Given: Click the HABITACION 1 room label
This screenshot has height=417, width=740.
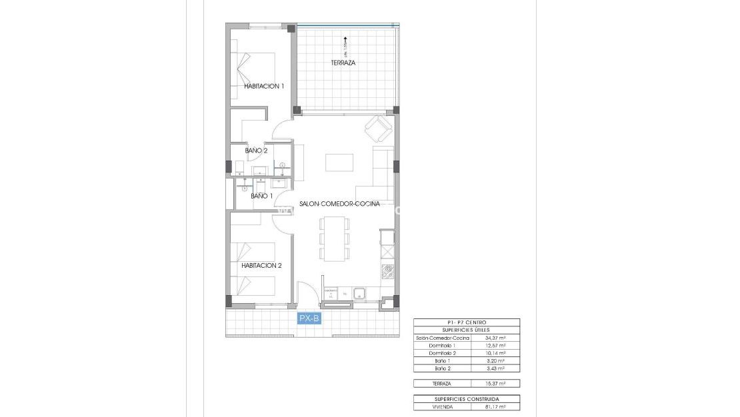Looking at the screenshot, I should [x=264, y=86].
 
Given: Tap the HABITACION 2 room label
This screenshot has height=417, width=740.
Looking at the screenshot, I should [x=261, y=265].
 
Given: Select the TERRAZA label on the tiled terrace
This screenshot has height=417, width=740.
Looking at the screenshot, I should [x=343, y=63].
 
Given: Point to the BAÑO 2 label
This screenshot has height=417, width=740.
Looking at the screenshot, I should [x=256, y=151].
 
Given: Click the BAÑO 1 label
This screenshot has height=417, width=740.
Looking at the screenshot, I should [x=261, y=196].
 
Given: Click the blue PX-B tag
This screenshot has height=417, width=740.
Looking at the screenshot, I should [x=309, y=319].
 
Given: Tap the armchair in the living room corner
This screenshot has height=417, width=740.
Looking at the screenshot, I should [x=379, y=129].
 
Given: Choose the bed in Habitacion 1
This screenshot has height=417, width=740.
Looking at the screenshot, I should [x=254, y=67].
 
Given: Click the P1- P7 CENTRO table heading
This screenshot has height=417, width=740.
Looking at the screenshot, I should [x=466, y=322].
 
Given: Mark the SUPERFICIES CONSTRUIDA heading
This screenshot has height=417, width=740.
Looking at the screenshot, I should [x=466, y=398].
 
